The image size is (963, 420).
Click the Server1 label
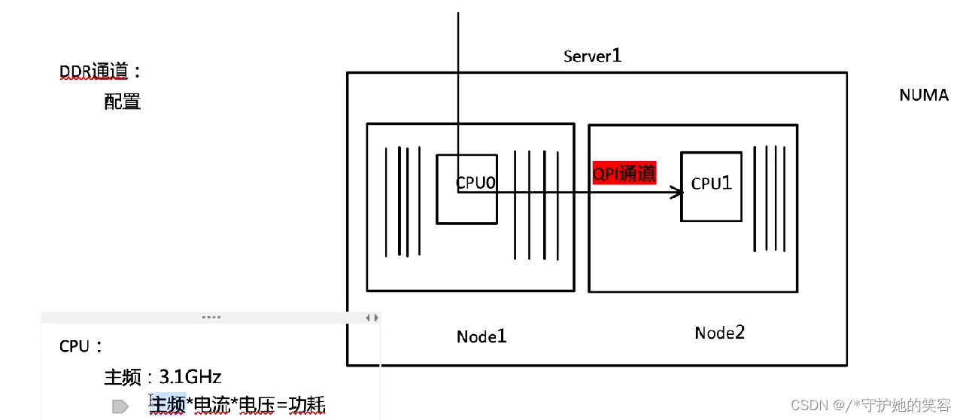click(592, 56)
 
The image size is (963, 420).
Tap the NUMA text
click(924, 96)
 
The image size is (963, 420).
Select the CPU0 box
click(466, 189)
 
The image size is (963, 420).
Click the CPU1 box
click(711, 186)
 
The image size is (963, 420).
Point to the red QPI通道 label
click(624, 173)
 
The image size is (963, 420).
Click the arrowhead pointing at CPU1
click(678, 193)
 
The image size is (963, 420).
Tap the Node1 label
click(481, 336)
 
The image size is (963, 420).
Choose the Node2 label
click(719, 333)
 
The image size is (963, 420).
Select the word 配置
click(123, 102)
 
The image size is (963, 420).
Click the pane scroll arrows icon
click(372, 318)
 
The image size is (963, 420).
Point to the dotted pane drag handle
click(211, 318)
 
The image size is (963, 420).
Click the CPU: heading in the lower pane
click(81, 347)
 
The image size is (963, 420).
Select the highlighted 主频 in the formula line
click(168, 405)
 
